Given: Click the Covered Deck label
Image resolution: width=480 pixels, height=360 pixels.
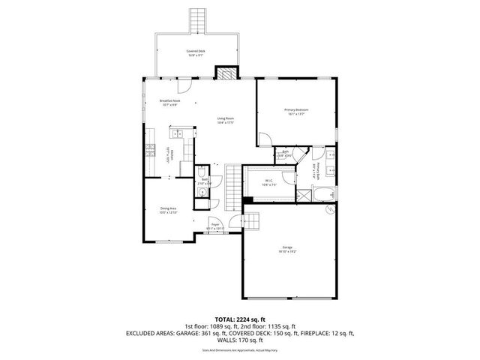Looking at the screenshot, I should tap(196, 52).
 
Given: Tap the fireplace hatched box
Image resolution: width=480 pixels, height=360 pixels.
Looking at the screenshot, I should tap(225, 73).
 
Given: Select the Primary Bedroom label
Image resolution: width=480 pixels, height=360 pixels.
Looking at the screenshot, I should tap(296, 112).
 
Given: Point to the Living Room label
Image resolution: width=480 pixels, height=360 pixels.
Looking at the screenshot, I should tap(226, 120).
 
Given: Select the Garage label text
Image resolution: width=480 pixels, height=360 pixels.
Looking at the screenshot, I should tap(287, 248).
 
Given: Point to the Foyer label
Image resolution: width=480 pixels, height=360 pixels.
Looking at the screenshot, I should tap(214, 226).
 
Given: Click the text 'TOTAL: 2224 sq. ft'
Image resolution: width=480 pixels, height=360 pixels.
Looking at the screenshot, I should tap(239, 319).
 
